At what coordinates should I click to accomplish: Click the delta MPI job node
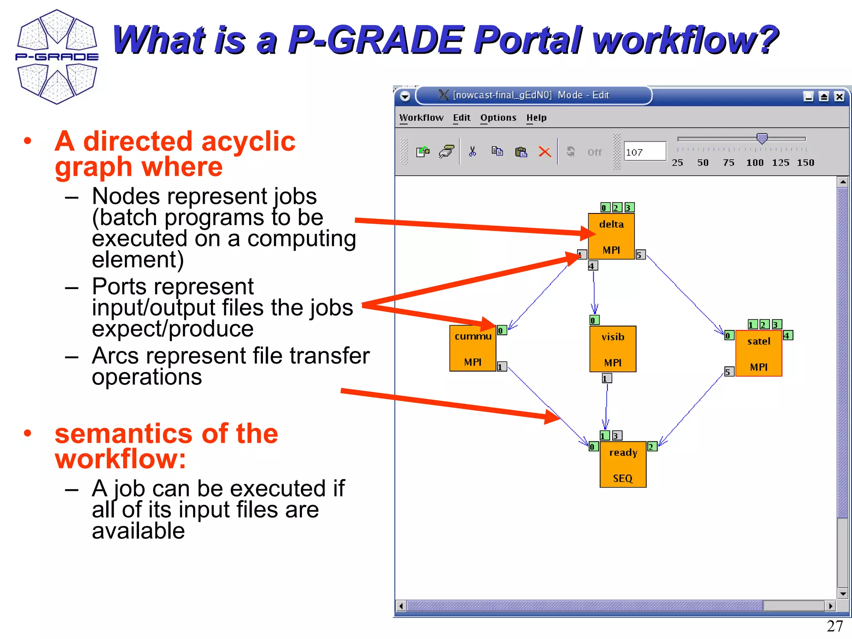click(x=611, y=236)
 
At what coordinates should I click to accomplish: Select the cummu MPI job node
click(x=473, y=349)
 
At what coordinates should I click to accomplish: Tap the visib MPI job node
click(x=612, y=349)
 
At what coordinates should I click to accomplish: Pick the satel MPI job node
click(x=758, y=354)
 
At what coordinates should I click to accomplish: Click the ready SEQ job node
click(x=623, y=465)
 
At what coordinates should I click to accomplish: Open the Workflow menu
click(x=421, y=118)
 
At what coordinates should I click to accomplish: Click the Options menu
click(x=498, y=118)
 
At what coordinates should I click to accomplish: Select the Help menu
click(x=536, y=118)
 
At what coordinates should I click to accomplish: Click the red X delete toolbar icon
click(x=545, y=152)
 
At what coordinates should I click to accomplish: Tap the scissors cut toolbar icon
click(x=472, y=152)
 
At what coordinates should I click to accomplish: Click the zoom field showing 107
click(x=644, y=152)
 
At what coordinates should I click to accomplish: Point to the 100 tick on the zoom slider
click(x=755, y=162)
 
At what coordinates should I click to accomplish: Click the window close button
click(x=839, y=97)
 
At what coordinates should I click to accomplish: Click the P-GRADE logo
click(x=57, y=57)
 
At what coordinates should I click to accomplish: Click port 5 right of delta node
click(x=640, y=255)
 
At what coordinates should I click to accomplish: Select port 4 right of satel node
click(x=788, y=335)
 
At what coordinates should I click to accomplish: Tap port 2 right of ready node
click(x=652, y=446)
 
